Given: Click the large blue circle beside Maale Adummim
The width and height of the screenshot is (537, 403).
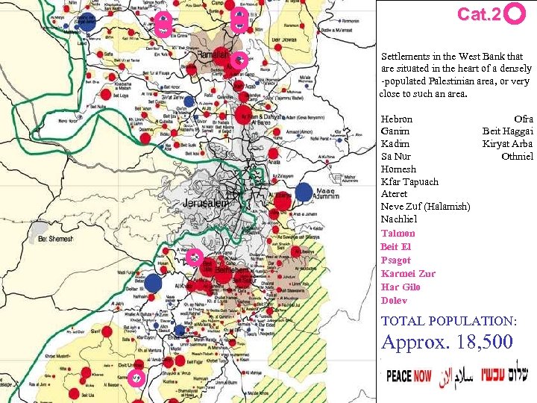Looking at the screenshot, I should pos(304,192).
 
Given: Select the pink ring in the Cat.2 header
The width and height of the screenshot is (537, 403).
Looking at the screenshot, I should pos(515,13).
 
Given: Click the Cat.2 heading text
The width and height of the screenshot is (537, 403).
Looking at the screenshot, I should pos(479,14).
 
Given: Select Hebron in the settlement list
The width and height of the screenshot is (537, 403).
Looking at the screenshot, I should pos(396,119).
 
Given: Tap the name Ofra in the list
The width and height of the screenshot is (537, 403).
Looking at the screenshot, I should pos(524,119).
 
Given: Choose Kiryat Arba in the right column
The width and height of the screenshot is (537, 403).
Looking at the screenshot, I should pos(507,144).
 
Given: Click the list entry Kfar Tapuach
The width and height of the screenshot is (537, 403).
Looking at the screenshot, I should pos(409,181).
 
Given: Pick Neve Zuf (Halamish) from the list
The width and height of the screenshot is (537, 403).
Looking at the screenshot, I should pos(425,206).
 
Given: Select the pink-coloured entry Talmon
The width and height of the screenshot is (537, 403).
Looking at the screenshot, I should pos(398,233).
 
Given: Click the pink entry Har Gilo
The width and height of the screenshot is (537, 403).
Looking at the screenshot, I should pos(401,287).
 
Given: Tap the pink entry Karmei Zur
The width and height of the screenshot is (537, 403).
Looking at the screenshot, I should pos(407,273).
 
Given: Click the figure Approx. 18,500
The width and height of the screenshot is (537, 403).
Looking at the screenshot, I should pos(447,343).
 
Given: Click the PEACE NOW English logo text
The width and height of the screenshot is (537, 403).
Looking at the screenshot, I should pos(409,375).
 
